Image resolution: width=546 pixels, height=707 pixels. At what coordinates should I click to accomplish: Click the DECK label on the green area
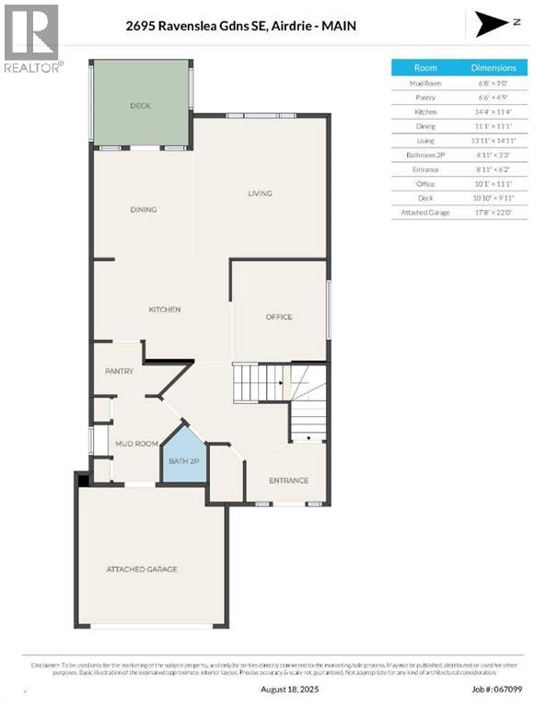(x=140, y=106)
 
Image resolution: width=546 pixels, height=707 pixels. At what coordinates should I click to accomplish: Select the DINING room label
(x=143, y=210)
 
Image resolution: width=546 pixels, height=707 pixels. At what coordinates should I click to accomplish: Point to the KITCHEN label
(x=165, y=309)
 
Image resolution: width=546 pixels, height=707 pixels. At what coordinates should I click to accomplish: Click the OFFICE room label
(x=279, y=317)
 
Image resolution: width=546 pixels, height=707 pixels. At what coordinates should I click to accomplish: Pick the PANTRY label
(x=120, y=371)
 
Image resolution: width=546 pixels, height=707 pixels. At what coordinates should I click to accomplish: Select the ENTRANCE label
(x=288, y=481)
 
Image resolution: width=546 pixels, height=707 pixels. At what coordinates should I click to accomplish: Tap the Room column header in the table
(x=425, y=68)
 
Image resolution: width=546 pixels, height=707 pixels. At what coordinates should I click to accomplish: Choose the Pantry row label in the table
(x=425, y=97)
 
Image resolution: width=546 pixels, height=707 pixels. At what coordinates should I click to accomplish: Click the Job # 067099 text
(x=497, y=689)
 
